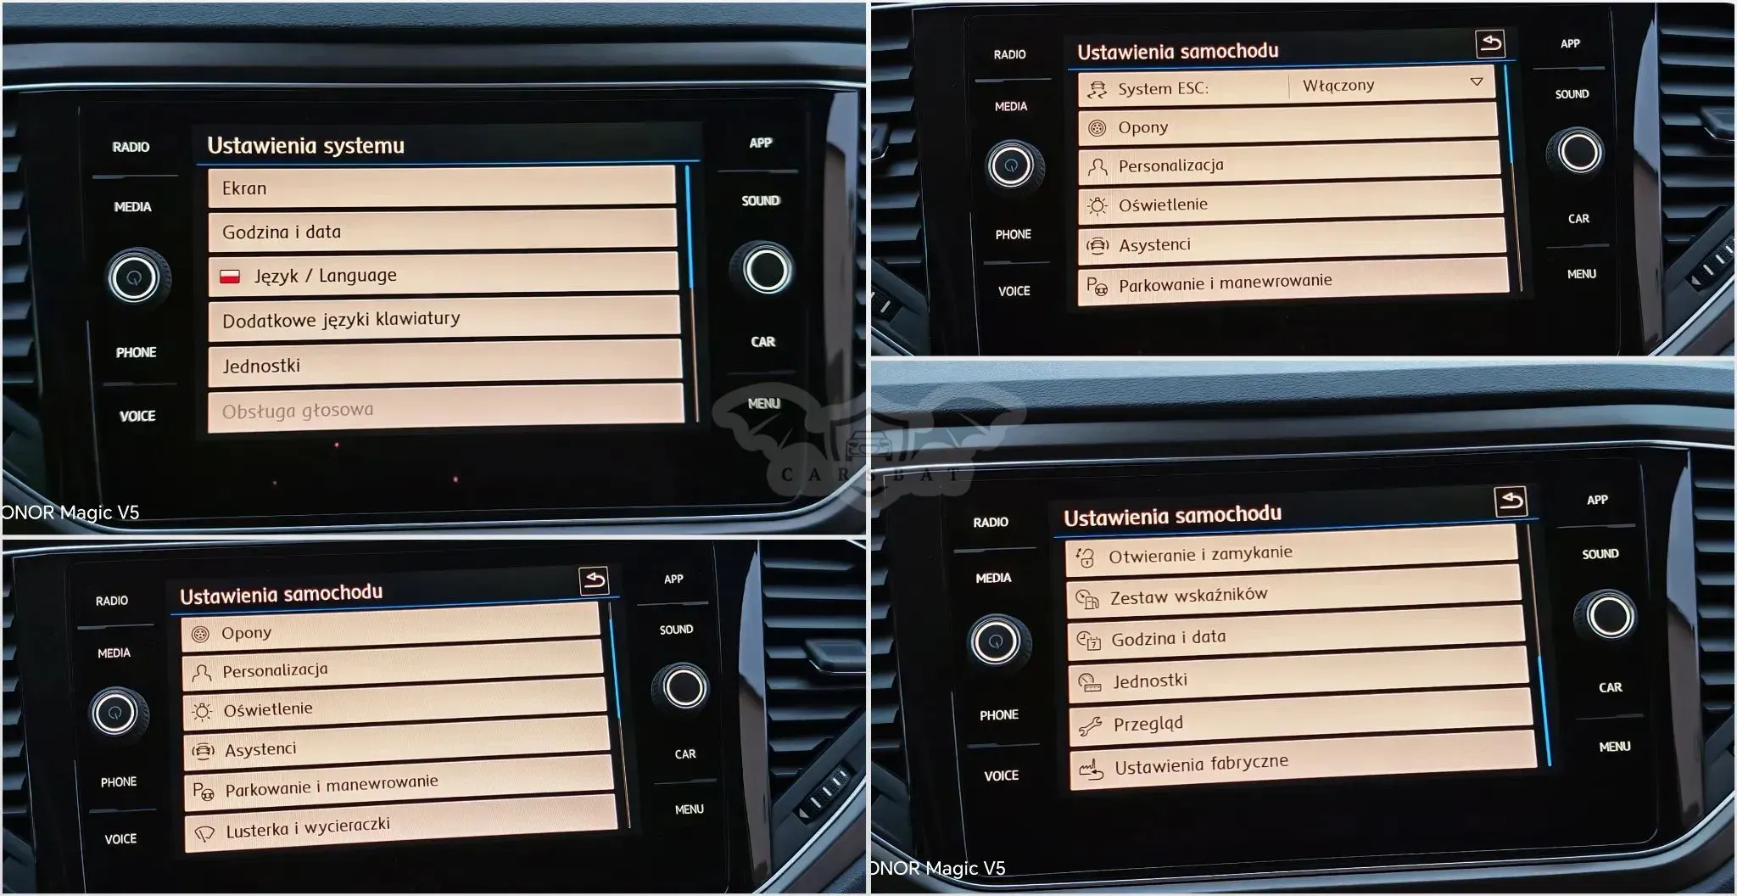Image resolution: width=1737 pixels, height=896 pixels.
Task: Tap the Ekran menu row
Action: [442, 188]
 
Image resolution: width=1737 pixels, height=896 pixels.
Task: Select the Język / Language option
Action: [443, 275]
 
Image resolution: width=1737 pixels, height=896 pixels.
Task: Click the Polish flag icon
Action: [230, 277]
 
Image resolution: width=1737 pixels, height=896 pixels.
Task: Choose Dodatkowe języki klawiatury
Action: [444, 319]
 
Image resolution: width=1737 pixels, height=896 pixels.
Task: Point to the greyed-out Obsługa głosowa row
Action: [445, 409]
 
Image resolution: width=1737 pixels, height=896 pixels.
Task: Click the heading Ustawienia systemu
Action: [305, 145]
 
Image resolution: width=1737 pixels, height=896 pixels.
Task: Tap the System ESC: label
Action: [1163, 88]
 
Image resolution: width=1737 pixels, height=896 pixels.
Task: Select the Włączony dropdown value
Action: [1338, 86]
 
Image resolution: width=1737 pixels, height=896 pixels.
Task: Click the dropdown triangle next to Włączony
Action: [1477, 82]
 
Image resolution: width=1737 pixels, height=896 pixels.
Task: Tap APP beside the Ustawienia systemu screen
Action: [761, 143]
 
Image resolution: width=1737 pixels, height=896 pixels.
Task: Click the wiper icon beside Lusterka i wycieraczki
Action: [204, 833]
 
